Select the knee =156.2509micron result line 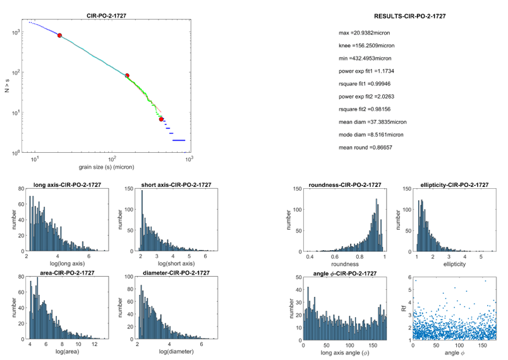(366, 45)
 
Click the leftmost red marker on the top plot (60, 35)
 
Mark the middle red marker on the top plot (127, 76)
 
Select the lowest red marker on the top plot (161, 119)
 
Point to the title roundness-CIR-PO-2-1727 (345, 185)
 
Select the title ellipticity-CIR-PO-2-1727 (450, 185)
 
